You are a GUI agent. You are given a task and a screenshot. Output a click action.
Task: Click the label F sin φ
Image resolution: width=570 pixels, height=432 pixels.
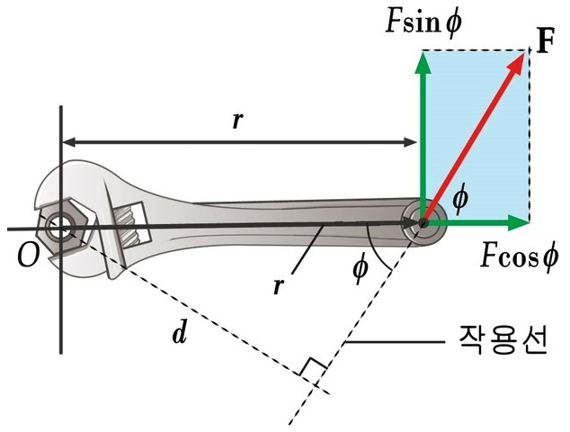point(423,20)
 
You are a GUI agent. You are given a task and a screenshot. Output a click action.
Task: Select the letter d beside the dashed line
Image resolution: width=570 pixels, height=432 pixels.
point(180,335)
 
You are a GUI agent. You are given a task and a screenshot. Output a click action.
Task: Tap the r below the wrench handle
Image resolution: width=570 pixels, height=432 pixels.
point(280,286)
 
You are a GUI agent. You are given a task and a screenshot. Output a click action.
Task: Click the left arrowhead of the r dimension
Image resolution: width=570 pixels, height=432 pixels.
point(67,141)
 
